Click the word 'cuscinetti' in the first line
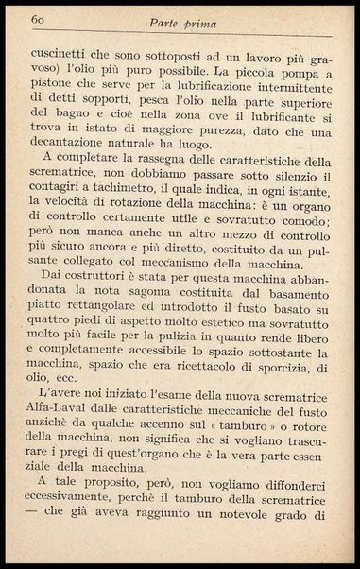coord(63,54)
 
